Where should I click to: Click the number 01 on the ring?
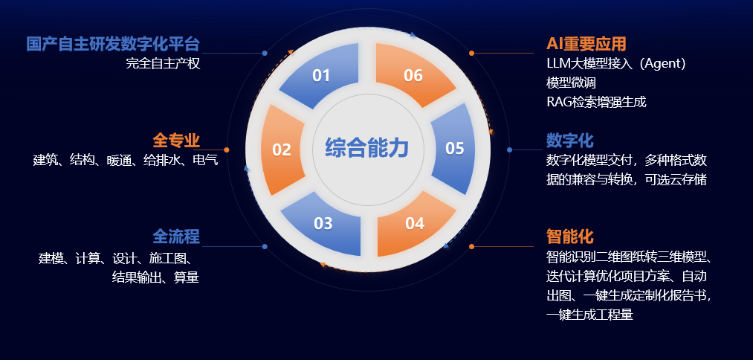[321, 75]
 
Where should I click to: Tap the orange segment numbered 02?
[282, 150]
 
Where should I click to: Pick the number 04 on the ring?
[415, 223]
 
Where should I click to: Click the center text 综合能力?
[367, 147]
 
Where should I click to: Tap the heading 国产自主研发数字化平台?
[113, 44]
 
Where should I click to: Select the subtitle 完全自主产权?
[163, 63]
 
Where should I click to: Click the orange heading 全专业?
[176, 141]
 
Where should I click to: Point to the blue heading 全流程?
[176, 237]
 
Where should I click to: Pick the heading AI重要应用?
[586, 44]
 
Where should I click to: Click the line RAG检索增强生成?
[596, 102]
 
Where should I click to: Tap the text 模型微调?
[571, 83]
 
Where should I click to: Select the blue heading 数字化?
[570, 141]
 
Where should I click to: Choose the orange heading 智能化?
[570, 237]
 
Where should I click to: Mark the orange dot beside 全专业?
[227, 150]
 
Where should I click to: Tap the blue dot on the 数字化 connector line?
[509, 150]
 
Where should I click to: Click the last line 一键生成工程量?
[589, 315]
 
